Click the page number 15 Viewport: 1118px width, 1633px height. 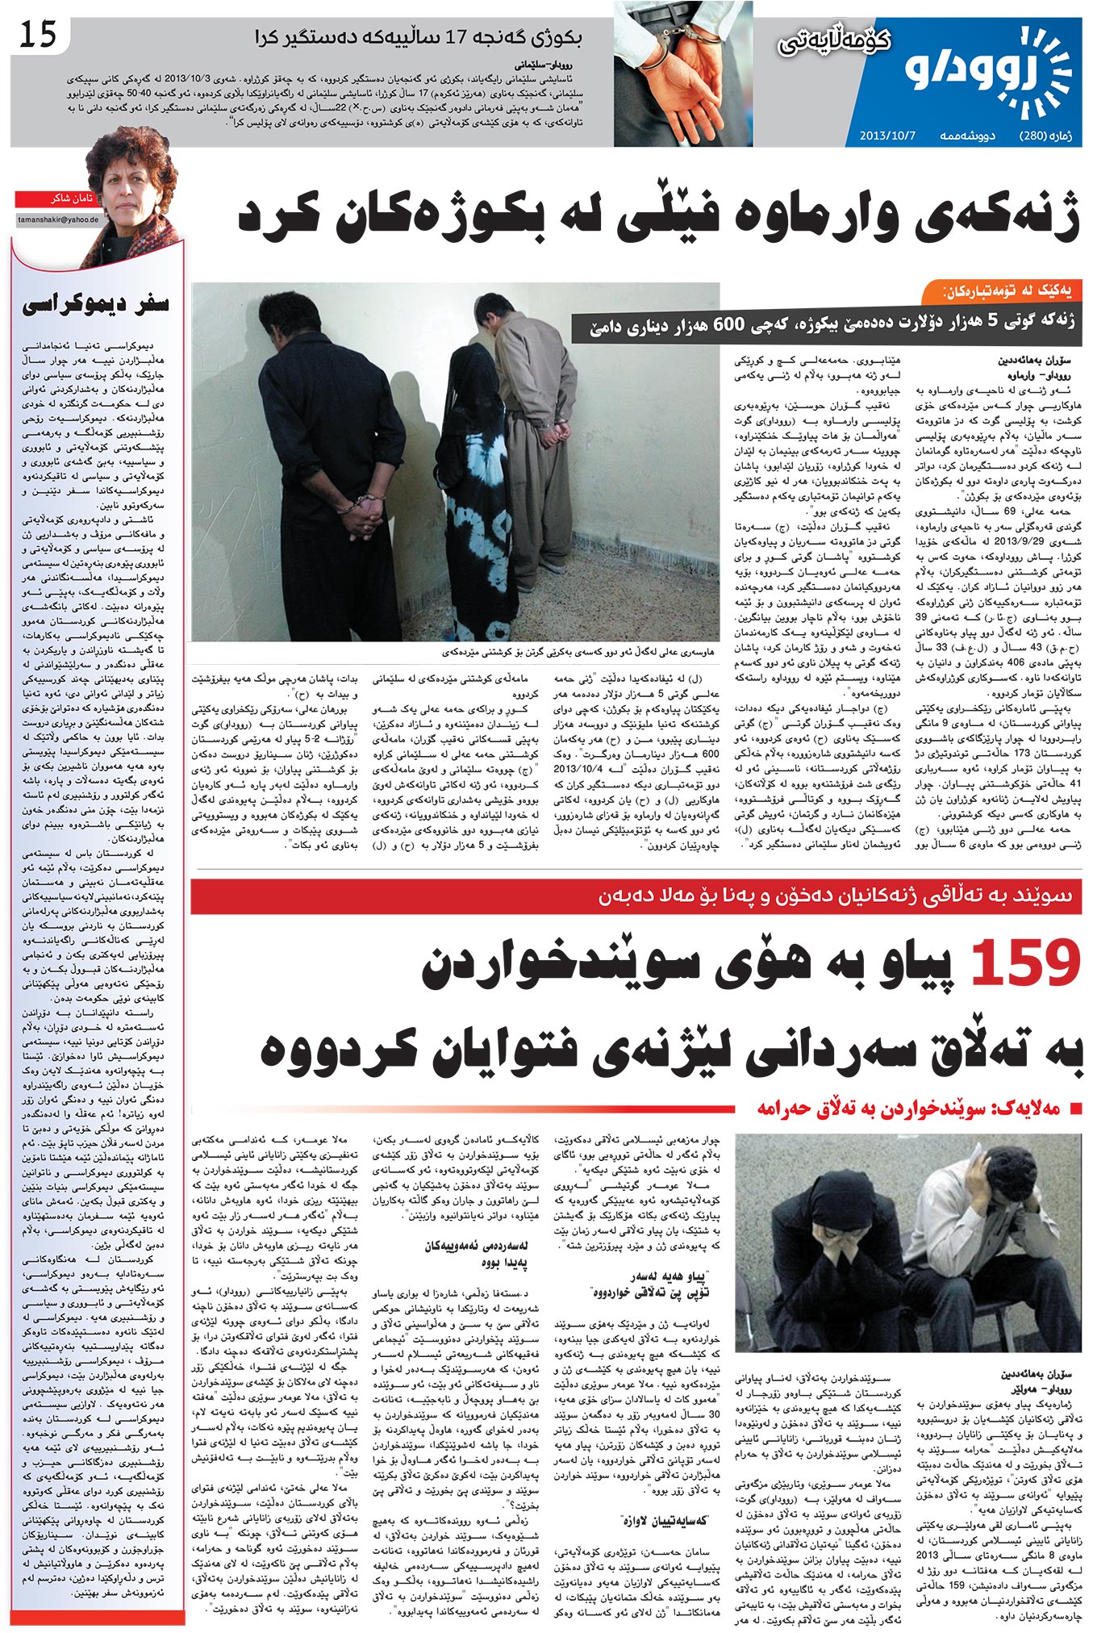[x=38, y=34]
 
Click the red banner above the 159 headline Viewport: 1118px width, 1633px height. [x=637, y=896]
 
